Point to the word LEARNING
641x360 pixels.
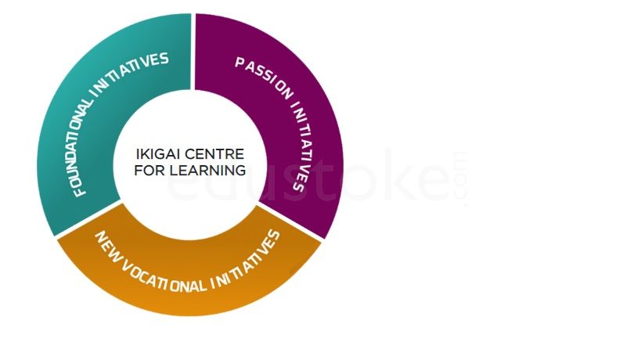[x=207, y=171]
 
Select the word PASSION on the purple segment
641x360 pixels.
[x=265, y=77]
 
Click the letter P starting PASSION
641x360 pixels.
[x=240, y=63]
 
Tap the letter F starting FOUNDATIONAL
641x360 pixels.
[x=80, y=191]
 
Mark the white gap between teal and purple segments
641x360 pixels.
[x=193, y=52]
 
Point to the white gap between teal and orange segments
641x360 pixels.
[x=88, y=218]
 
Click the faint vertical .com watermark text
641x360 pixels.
[x=460, y=179]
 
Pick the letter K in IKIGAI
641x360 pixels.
[x=145, y=154]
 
